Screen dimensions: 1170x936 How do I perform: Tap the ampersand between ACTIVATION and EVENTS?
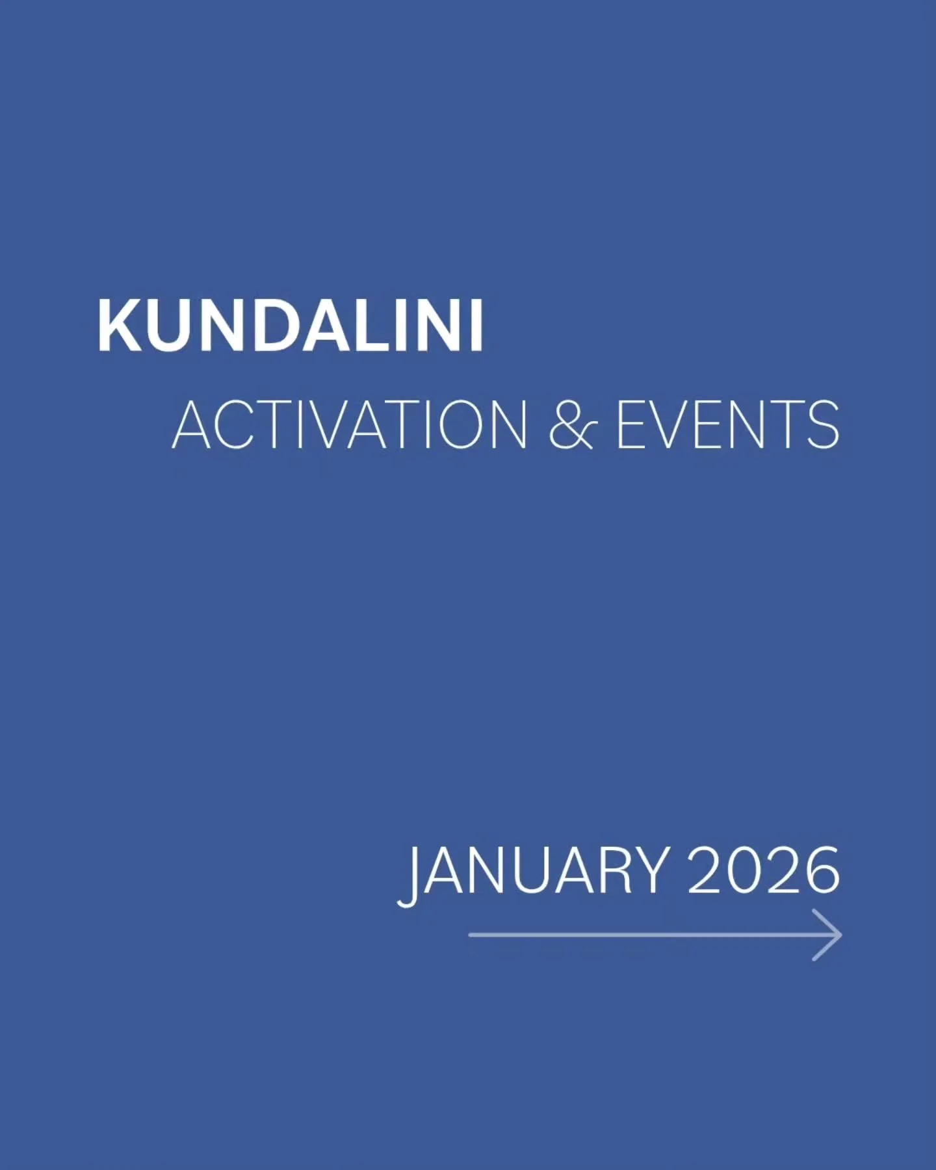(x=571, y=426)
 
